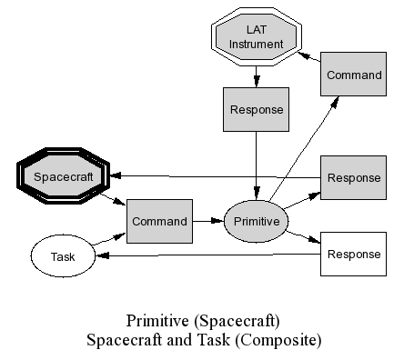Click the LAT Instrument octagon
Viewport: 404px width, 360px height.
click(x=257, y=36)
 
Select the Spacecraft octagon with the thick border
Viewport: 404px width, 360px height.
click(x=63, y=176)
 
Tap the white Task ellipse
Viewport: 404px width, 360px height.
click(x=63, y=256)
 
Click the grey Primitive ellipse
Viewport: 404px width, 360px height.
click(x=256, y=221)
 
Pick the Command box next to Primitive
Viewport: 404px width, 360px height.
click(x=159, y=221)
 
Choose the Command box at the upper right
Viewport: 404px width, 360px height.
click(x=353, y=75)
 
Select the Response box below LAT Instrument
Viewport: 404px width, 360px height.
click(x=256, y=109)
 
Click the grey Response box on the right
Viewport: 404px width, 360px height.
click(x=353, y=178)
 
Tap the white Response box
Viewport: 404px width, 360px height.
click(x=353, y=254)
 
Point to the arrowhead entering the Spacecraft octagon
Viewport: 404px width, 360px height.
click(x=116, y=175)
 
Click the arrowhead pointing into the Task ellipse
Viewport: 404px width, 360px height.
click(x=102, y=255)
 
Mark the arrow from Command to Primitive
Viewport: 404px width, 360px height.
click(x=208, y=221)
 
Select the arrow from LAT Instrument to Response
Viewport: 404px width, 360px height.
click(x=257, y=76)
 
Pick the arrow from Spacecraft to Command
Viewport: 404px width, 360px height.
click(x=114, y=199)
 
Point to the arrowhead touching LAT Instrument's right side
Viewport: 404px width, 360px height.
click(x=304, y=55)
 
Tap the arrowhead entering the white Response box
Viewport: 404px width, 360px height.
click(x=315, y=240)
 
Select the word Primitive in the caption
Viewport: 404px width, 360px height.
click(x=157, y=321)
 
